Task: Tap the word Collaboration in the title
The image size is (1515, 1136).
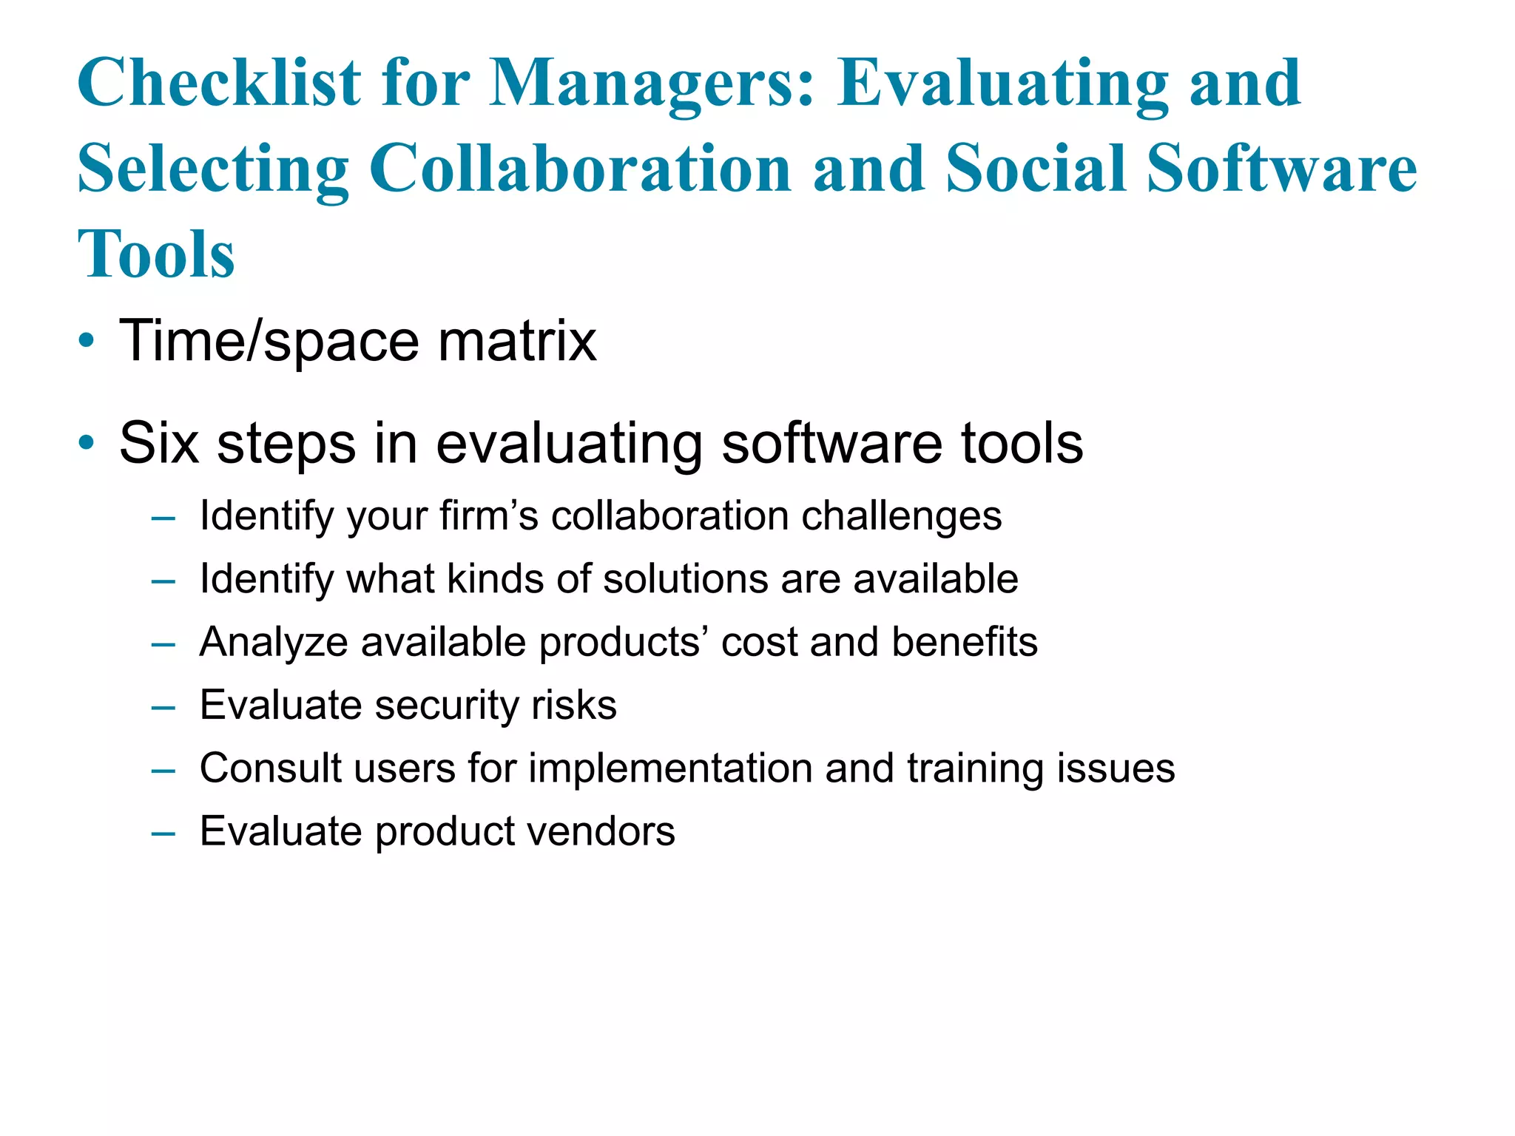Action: tap(580, 169)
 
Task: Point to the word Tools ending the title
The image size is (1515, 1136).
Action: tap(156, 254)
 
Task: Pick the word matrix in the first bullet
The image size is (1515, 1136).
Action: tap(517, 341)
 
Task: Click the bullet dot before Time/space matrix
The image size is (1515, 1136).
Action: tap(87, 342)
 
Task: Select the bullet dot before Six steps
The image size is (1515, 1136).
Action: tap(87, 444)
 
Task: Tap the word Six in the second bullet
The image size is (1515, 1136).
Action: tap(159, 444)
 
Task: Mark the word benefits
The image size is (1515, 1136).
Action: tap(965, 642)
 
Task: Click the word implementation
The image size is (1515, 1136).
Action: tap(670, 768)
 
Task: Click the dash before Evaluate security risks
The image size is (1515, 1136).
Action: tap(163, 707)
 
